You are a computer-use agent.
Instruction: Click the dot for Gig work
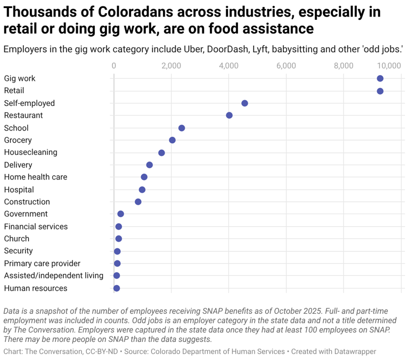[x=380, y=78]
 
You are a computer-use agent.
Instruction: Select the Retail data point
[x=380, y=91]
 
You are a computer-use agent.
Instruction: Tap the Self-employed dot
[x=244, y=103]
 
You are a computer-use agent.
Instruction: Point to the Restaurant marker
[x=229, y=116]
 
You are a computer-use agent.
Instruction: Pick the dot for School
[x=182, y=128]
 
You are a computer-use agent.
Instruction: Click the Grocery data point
[x=172, y=140]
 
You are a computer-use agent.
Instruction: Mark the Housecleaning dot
[x=161, y=153]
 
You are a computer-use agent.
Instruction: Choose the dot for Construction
[x=138, y=202]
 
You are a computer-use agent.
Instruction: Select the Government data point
[x=120, y=214]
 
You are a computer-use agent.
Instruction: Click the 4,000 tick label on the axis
[x=228, y=66]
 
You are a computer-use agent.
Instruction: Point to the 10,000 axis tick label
[x=389, y=66]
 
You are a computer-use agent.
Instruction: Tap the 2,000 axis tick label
[x=171, y=66]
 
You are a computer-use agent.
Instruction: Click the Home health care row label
[x=36, y=177]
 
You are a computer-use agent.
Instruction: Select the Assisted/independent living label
[x=53, y=275]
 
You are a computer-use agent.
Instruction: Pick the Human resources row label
[x=36, y=288]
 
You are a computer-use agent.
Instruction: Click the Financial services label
[x=36, y=226]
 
